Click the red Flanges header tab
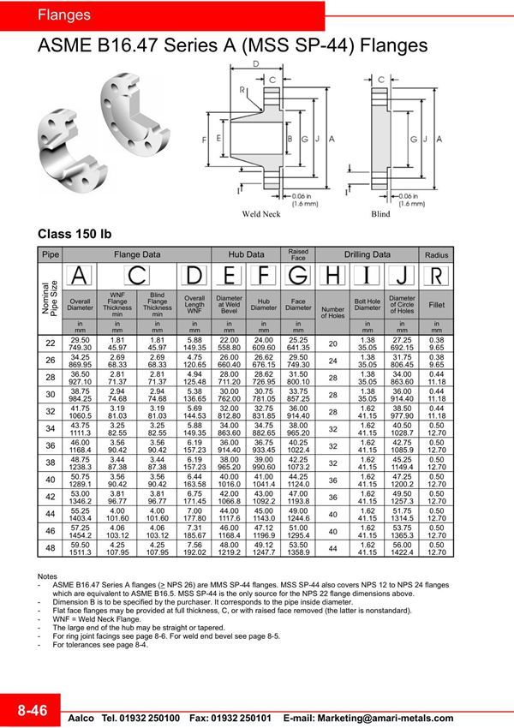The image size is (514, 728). click(x=64, y=15)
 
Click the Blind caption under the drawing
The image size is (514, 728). click(x=380, y=215)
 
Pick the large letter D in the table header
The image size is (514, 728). click(x=195, y=276)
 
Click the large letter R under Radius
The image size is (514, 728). click(x=437, y=276)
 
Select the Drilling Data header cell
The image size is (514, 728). click(x=368, y=254)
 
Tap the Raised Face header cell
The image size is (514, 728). click(x=298, y=254)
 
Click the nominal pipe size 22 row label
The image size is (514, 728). click(x=51, y=343)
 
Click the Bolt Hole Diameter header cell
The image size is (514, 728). click(x=368, y=305)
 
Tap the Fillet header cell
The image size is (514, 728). click(x=437, y=305)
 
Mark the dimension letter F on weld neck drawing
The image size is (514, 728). click(x=204, y=138)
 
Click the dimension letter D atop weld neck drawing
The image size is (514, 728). click(x=255, y=64)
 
